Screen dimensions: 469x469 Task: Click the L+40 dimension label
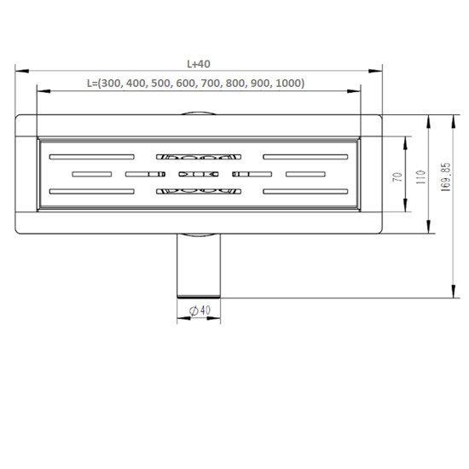[199, 64]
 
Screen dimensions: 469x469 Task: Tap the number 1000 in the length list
[288, 84]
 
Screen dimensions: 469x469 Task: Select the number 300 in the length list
[111, 84]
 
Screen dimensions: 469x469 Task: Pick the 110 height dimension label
[421, 177]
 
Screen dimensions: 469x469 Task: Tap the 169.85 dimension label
[446, 177]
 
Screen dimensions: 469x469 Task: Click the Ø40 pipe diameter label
[200, 310]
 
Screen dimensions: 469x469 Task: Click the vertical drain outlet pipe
[199, 265]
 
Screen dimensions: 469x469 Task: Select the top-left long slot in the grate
[92, 157]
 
